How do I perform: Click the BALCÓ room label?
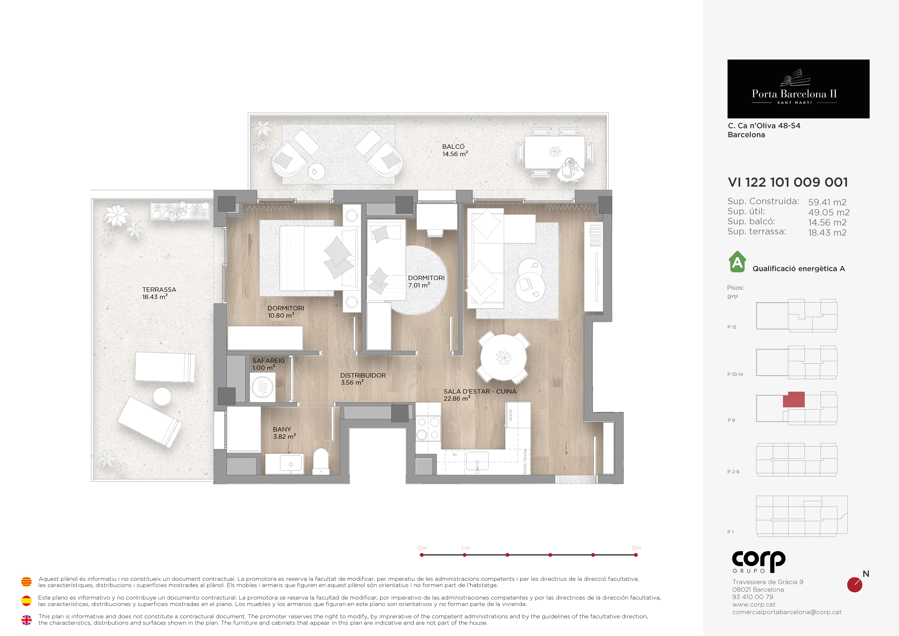pos(453,147)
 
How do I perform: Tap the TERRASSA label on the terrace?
pos(159,290)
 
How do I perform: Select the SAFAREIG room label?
pos(269,361)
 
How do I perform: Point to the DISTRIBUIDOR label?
pos(363,375)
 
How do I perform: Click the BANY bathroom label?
pos(282,429)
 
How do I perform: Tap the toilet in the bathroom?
pos(321,461)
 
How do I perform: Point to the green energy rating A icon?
pos(737,262)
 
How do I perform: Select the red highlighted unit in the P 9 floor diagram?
pos(794,399)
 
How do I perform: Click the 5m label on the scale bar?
pos(636,548)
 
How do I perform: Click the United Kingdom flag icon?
pos(26,620)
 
